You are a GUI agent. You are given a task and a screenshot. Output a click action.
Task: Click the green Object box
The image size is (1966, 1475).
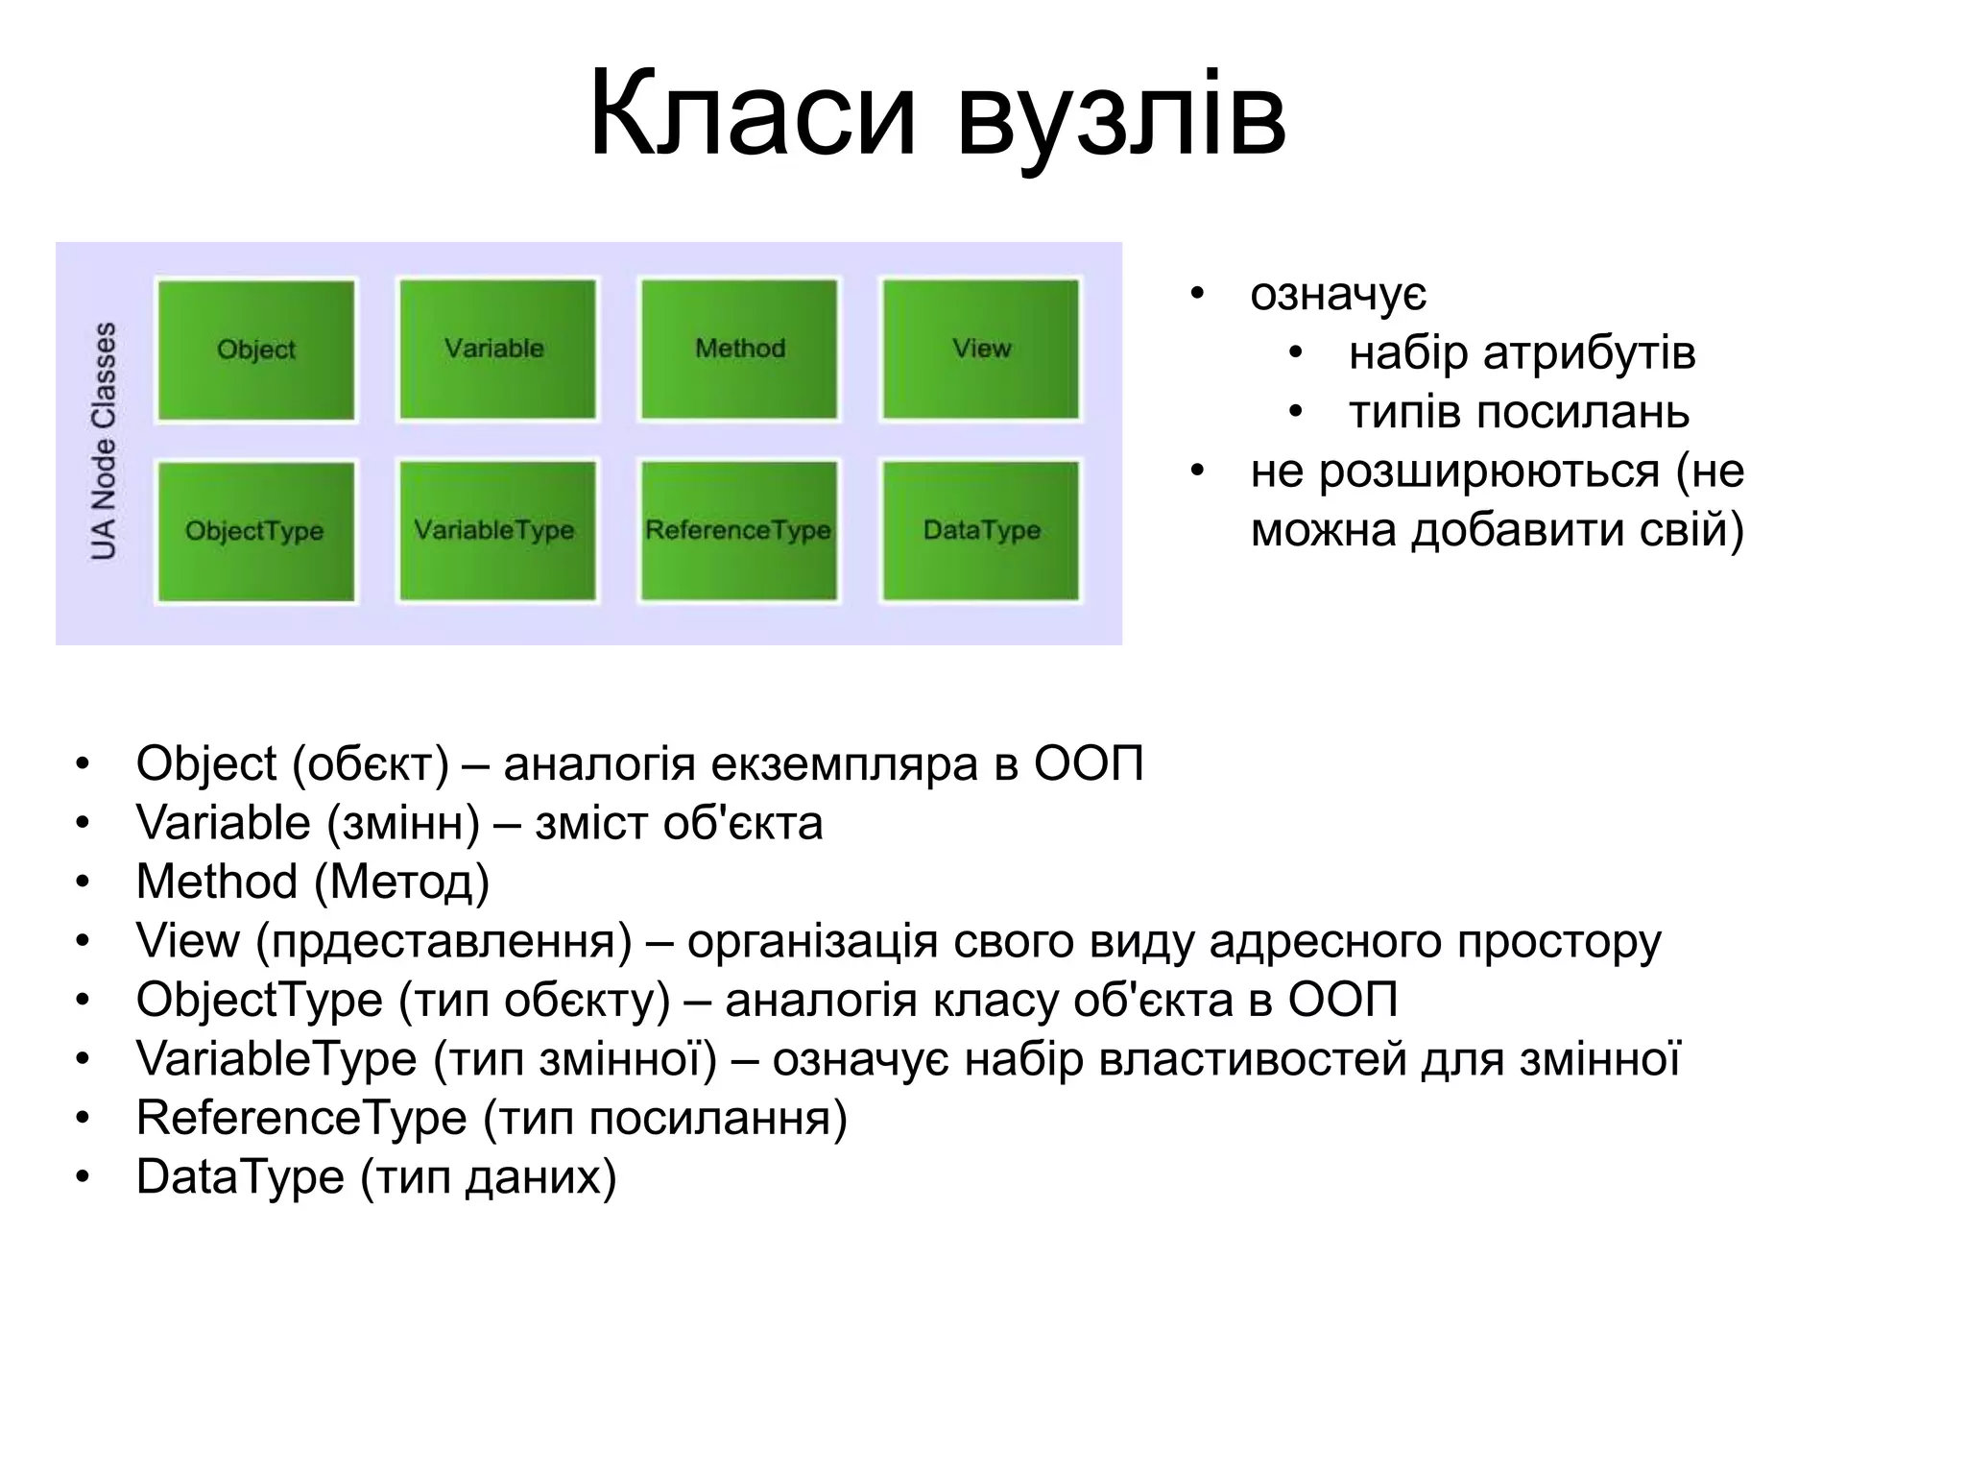tap(256, 350)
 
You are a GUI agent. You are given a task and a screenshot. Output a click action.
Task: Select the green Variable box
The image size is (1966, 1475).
tap(497, 349)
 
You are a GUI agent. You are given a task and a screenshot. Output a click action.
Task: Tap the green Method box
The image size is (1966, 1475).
tap(739, 349)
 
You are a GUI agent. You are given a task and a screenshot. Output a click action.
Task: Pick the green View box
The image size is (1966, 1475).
tap(980, 349)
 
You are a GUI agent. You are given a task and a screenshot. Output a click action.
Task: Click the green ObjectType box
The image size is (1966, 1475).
tap(256, 531)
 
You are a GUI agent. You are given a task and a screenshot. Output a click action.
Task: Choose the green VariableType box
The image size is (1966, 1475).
tap(497, 530)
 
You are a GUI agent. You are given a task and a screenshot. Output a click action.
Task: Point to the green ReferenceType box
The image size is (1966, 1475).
tap(739, 530)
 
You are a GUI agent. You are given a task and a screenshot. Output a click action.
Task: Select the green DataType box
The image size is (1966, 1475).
tap(980, 530)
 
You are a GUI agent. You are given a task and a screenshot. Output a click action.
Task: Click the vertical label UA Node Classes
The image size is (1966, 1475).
tap(104, 441)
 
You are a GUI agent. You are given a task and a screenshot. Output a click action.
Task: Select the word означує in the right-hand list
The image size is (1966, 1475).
tap(1337, 295)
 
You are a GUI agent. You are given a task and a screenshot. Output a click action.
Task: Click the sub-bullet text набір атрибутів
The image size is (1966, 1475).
tap(1522, 352)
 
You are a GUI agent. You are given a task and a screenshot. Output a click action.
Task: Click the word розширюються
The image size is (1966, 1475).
tap(1489, 472)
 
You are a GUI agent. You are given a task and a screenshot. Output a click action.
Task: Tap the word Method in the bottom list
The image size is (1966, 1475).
tap(217, 882)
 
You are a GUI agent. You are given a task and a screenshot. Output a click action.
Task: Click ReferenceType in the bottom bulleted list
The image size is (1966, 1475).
tap(301, 1118)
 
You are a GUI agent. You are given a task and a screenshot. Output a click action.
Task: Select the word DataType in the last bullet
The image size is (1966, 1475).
tap(240, 1177)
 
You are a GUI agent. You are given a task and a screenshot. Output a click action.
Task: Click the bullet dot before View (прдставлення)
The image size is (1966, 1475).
tap(83, 941)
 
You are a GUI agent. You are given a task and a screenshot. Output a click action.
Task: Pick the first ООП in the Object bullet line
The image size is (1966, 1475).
tap(1089, 764)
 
